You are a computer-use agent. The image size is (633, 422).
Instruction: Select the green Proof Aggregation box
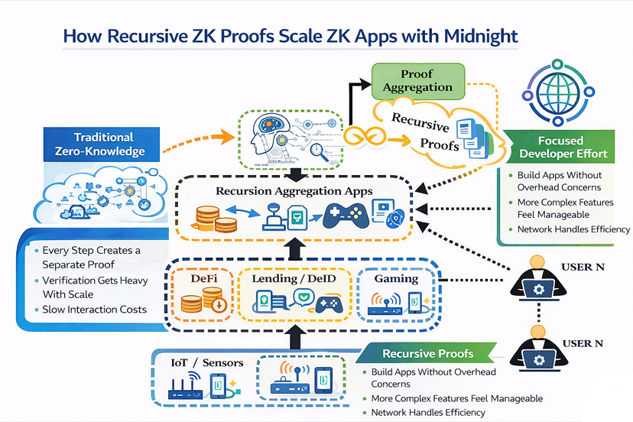coord(417,80)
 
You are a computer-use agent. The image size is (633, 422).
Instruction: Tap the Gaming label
coord(396,279)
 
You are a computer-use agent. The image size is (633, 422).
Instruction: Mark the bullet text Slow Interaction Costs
coord(90,310)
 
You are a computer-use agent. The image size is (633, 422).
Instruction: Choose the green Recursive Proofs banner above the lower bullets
coord(428,354)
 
